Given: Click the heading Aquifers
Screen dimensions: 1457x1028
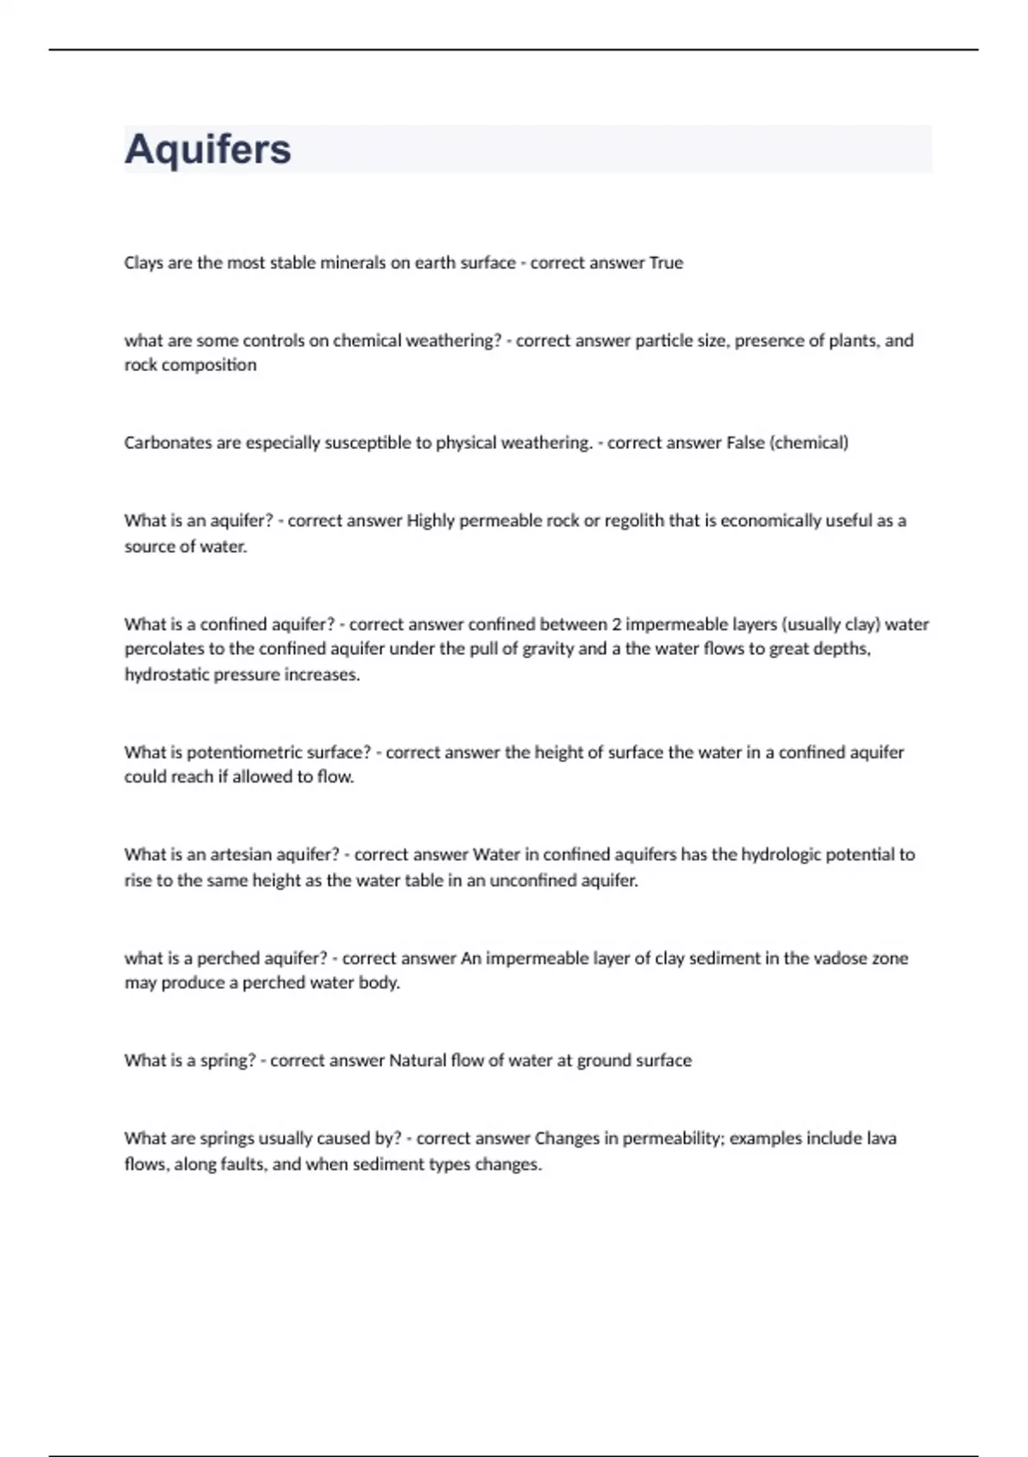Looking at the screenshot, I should click(x=208, y=149).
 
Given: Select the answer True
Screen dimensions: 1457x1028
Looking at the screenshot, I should click(x=666, y=263).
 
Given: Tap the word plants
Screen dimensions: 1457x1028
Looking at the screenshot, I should click(x=853, y=341).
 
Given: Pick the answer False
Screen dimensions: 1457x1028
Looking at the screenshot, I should click(x=745, y=443).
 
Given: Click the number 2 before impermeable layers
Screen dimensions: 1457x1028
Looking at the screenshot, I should click(x=616, y=625).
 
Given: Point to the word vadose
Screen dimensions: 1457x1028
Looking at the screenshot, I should click(x=814, y=958).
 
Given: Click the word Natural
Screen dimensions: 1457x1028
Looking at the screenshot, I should click(x=418, y=1061).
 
